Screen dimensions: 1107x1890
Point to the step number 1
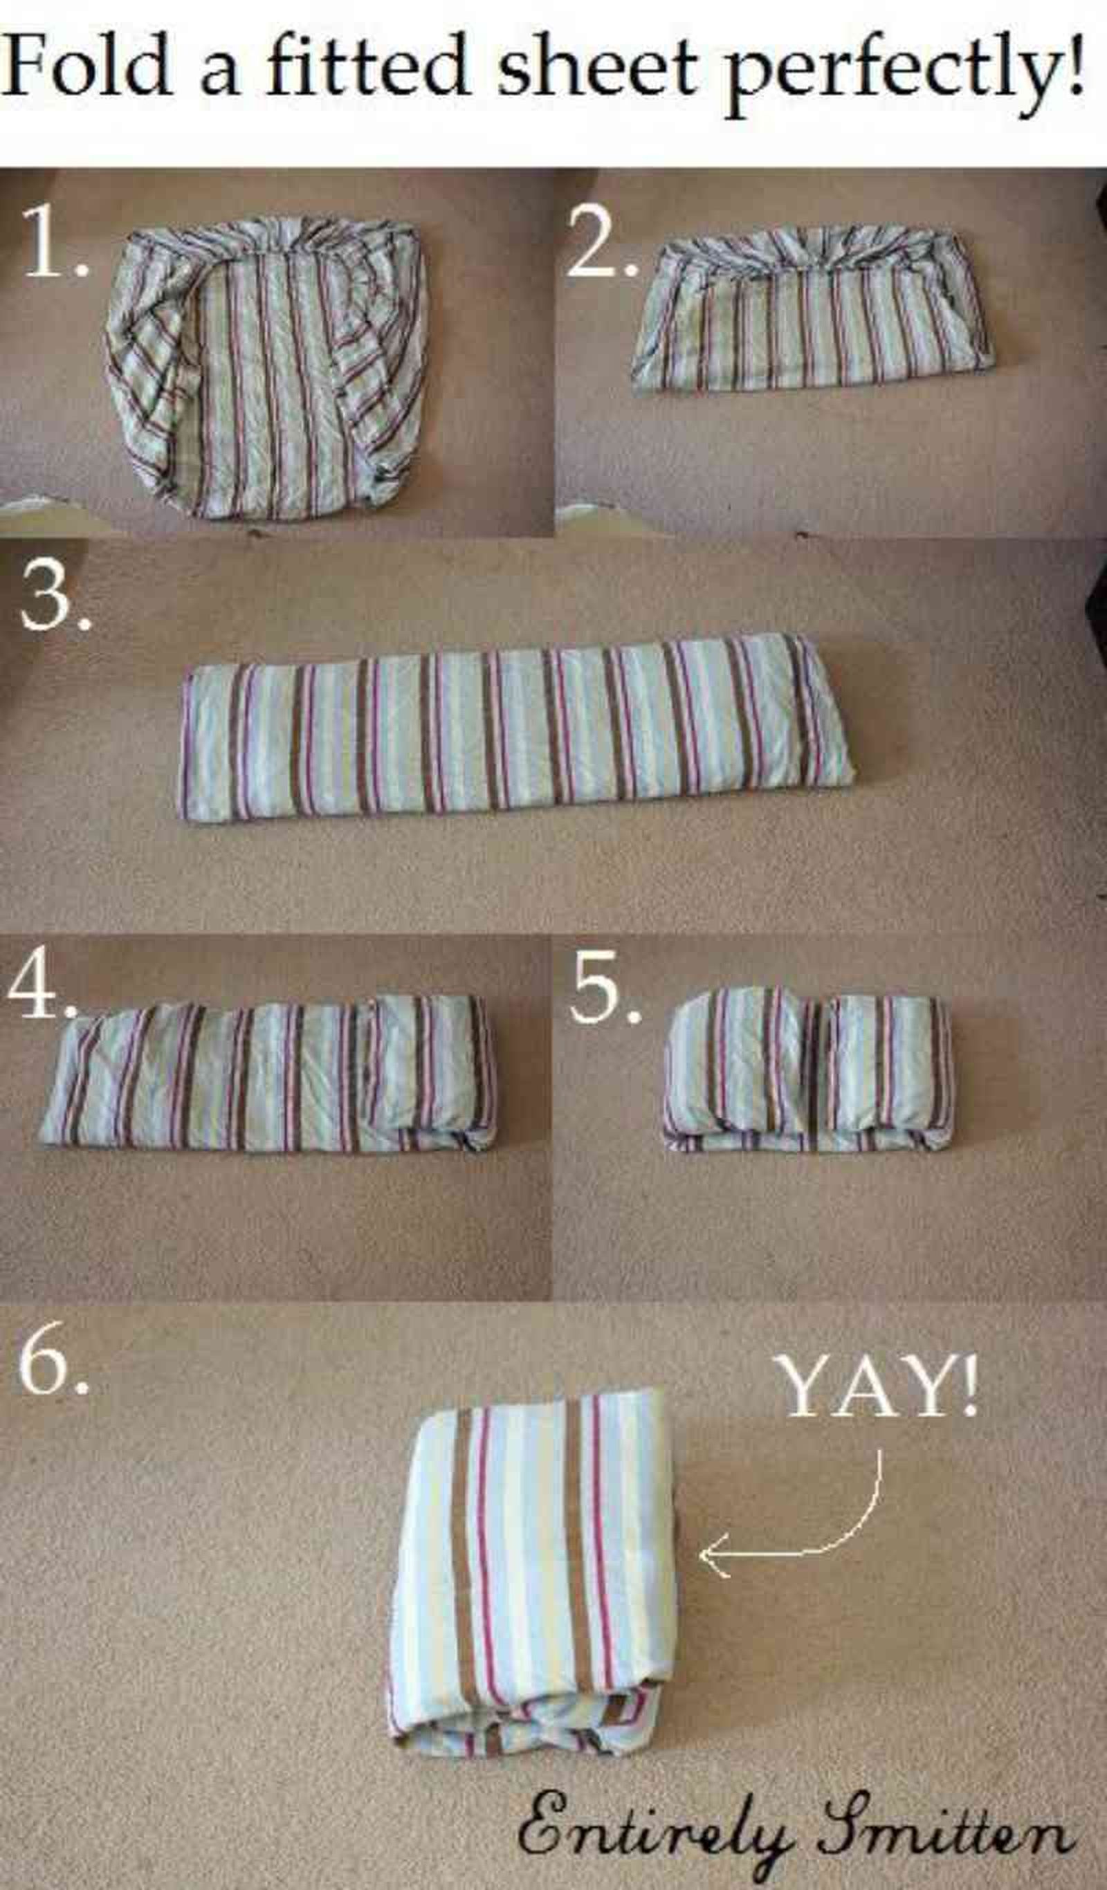coord(54,241)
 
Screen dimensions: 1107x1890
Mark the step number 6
coord(53,1358)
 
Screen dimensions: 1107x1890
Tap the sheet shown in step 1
coord(267,367)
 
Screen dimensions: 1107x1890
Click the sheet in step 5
coord(807,1070)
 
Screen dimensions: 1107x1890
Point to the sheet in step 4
coord(268,1074)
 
